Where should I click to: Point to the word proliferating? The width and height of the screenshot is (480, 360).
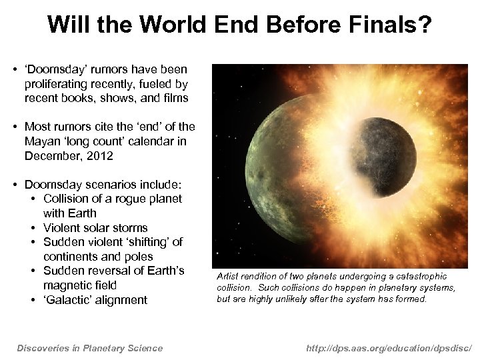57,84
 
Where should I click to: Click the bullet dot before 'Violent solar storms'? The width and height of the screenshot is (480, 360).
33,228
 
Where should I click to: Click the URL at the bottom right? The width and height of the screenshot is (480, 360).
389,347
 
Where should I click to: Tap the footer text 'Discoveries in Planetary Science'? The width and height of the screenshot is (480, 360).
89,347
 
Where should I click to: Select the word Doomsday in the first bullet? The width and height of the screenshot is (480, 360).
52,69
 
